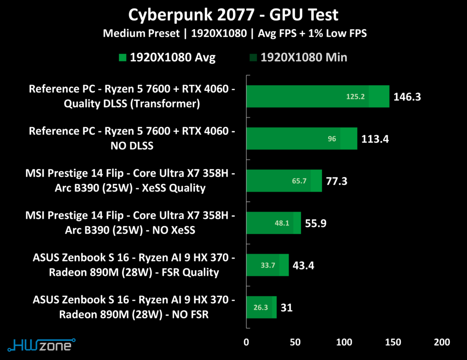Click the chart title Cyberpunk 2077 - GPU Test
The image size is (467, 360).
(x=233, y=15)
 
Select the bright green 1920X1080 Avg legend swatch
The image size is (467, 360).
(x=122, y=57)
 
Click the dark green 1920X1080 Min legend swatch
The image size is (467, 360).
(x=253, y=57)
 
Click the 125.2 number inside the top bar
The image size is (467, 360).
(x=356, y=97)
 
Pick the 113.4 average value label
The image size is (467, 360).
(x=375, y=139)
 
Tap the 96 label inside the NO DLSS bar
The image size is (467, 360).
(x=332, y=139)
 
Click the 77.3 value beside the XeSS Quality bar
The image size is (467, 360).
(x=337, y=181)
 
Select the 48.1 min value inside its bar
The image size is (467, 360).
(x=282, y=224)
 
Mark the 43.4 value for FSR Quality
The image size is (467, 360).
(x=303, y=266)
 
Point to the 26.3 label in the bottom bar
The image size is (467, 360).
(x=260, y=308)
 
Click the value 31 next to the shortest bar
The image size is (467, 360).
(x=286, y=308)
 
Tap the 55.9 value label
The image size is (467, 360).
(x=315, y=224)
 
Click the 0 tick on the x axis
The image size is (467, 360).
(x=247, y=342)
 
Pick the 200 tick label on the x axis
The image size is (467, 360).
(x=442, y=342)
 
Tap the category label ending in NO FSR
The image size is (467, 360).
(x=134, y=308)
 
